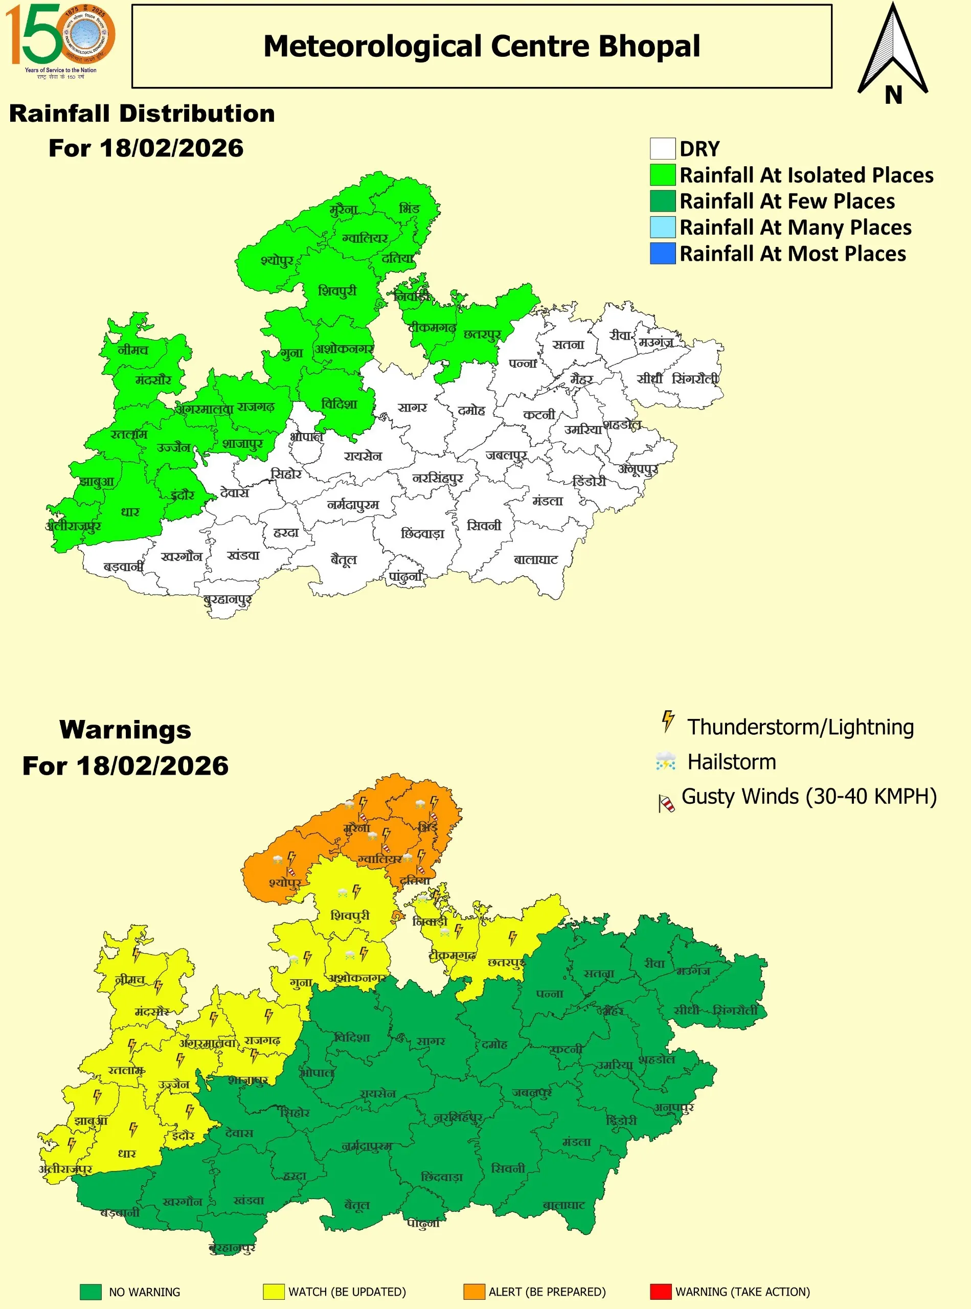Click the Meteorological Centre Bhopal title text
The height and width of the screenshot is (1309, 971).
481,47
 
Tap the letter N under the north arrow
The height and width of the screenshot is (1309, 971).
893,95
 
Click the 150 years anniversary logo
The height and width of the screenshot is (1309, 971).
60,40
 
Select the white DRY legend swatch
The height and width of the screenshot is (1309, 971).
663,149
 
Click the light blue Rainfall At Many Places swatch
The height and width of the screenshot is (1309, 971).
663,227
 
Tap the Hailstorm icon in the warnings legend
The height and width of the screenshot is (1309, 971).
665,761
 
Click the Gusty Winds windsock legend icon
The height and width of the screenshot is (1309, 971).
666,802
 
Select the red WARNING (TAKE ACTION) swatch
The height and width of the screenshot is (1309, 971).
661,1292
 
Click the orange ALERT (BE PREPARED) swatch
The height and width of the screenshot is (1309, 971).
474,1292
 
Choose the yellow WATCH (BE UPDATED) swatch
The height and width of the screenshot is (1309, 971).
274,1292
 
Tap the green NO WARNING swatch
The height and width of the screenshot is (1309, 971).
91,1292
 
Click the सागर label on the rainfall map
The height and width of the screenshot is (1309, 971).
412,408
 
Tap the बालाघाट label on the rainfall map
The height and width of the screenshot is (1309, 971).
535,559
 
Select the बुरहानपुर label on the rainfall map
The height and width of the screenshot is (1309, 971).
228,600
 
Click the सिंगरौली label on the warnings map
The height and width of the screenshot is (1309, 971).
735,1011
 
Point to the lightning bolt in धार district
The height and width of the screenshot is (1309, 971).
133,1129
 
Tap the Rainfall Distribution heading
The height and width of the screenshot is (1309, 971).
142,114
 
